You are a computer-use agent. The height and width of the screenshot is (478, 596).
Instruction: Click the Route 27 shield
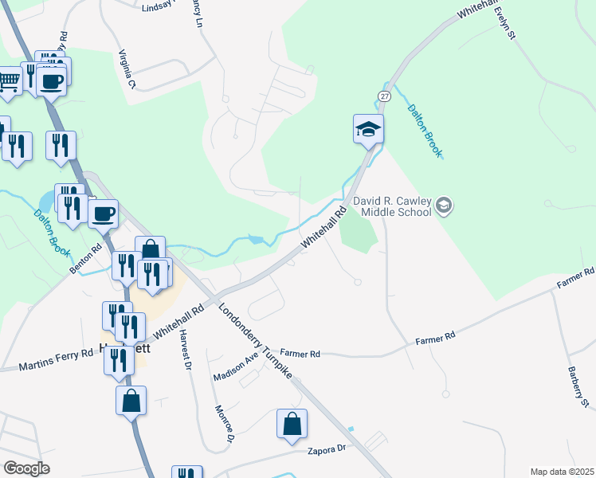coord(385,96)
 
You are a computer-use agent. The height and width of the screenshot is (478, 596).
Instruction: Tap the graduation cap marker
coord(369,128)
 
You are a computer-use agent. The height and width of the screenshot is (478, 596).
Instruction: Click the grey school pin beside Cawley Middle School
coord(445,207)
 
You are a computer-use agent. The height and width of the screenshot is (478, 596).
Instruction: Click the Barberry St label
coord(578,387)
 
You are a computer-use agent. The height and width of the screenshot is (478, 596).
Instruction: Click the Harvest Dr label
coord(186,350)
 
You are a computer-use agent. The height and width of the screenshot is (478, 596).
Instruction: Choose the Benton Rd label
coord(85,260)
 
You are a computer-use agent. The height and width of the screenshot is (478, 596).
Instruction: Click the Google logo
coord(26,468)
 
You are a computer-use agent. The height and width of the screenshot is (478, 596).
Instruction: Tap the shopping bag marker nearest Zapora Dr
coord(292,425)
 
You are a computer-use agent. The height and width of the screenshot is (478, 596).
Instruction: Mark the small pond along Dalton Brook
coord(255,239)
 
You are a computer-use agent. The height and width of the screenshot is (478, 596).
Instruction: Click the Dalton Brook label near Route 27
coord(424,131)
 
